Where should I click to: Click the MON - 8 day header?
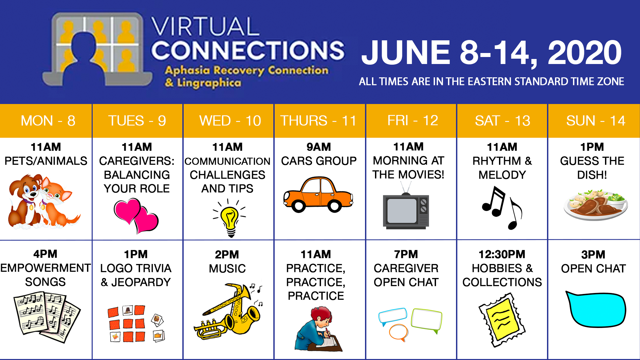(48, 121)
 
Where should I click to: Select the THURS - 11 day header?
(318, 121)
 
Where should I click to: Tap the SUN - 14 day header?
(596, 121)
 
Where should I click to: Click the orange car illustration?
(318, 195)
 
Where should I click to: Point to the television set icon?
(406, 208)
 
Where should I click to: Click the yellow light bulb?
(230, 218)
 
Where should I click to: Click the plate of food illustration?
(596, 204)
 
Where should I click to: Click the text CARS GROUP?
(319, 161)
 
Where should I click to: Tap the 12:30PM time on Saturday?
(502, 254)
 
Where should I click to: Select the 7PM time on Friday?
(406, 254)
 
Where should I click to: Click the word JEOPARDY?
(141, 282)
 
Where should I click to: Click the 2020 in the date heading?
(585, 52)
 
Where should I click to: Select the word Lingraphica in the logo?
(209, 83)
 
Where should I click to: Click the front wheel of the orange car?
(334, 206)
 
